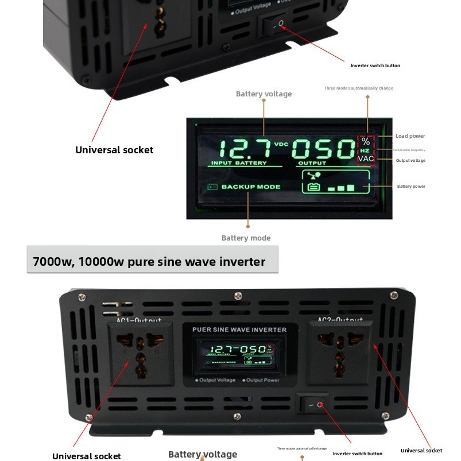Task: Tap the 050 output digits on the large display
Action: click(323, 150)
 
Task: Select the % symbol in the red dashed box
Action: click(366, 141)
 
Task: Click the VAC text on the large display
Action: click(366, 158)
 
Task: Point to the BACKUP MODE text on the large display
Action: click(251, 187)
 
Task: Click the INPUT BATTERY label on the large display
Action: click(239, 163)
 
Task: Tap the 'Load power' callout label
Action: click(410, 136)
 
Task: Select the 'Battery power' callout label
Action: click(411, 186)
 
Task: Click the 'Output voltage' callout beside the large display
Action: click(410, 160)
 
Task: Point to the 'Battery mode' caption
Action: click(246, 238)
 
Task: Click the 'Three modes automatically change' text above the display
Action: click(358, 88)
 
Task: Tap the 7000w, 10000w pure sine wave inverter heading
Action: click(149, 262)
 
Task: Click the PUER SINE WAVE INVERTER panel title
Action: click(239, 330)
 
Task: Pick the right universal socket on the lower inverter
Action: click(339, 352)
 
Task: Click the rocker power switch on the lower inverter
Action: click(314, 405)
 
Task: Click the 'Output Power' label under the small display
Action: click(262, 380)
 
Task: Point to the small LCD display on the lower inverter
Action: click(239, 352)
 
